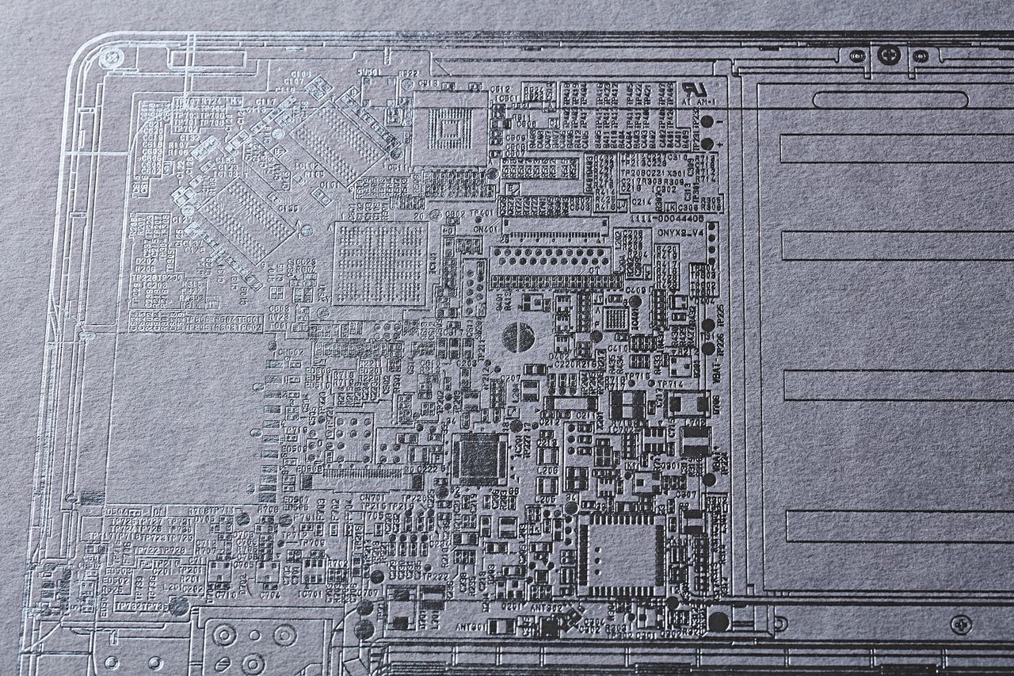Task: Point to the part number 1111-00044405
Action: click(x=667, y=218)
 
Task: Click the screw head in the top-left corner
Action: click(x=112, y=57)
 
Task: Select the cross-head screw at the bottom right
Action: click(x=961, y=624)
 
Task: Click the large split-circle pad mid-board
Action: click(x=518, y=337)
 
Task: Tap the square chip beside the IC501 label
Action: click(x=450, y=127)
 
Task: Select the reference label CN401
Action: click(x=486, y=229)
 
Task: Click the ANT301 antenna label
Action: click(x=471, y=626)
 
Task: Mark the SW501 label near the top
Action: click(x=368, y=73)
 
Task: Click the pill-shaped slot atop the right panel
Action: click(x=889, y=101)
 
